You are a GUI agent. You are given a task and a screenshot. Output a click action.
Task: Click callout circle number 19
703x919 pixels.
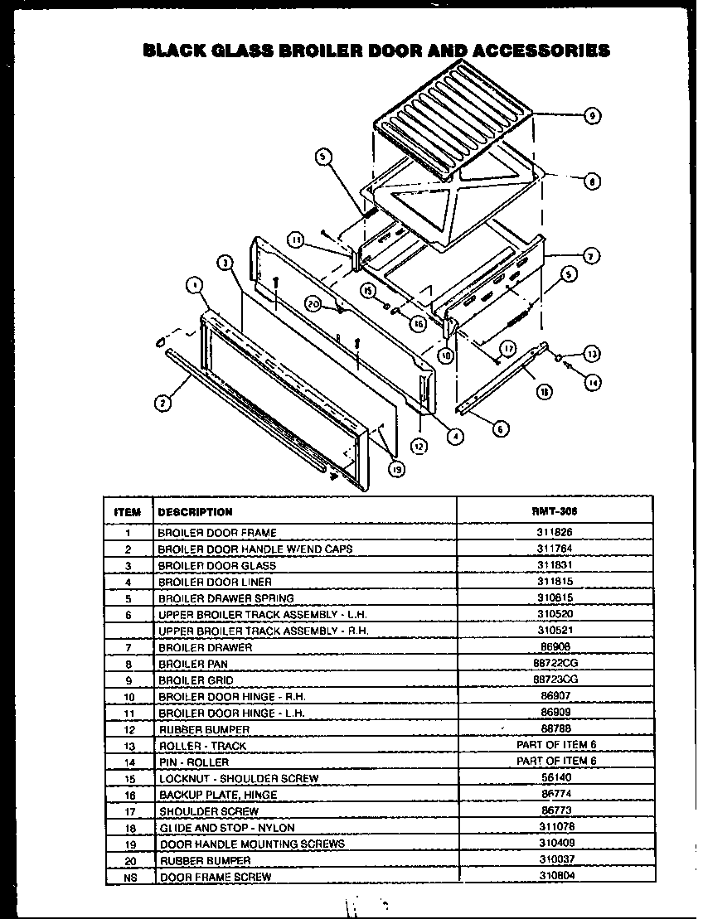[x=396, y=469]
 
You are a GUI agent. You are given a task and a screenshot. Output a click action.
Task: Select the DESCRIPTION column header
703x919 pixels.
[x=195, y=511]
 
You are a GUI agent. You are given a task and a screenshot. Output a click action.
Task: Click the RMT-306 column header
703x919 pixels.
[x=554, y=511]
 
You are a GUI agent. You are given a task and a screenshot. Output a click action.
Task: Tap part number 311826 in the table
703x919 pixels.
[x=554, y=533]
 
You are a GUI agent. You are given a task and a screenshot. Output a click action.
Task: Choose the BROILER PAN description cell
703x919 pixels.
[x=192, y=664]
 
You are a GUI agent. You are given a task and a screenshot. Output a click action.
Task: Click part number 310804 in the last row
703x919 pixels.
[x=554, y=876]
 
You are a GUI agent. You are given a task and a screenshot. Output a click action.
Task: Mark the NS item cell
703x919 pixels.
[x=128, y=876]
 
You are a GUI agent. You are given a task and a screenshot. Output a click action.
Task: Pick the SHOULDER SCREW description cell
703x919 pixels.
[x=208, y=811]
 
